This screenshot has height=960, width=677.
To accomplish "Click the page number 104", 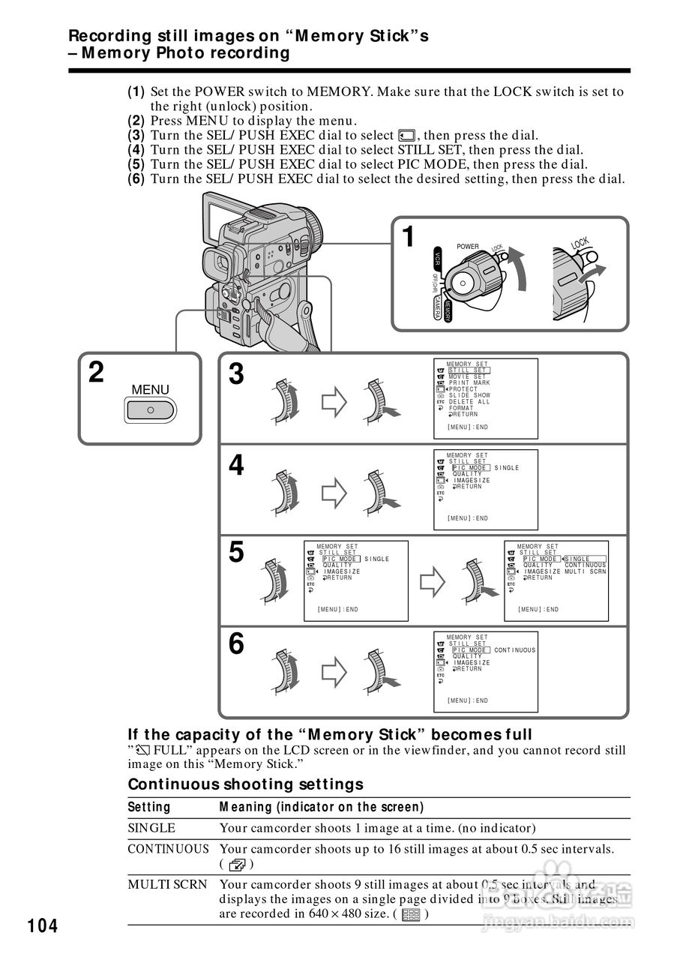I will point(43,927).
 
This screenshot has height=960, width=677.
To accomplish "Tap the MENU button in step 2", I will point(150,409).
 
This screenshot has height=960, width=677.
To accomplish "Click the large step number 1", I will point(408,237).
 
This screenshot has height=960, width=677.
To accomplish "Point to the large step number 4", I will point(236,466).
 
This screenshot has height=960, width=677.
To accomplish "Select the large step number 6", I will point(236,643).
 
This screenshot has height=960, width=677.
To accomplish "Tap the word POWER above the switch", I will point(467,247).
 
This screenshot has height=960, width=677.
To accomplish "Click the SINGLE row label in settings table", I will point(151,828).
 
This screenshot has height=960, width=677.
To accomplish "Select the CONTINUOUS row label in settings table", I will point(168,849).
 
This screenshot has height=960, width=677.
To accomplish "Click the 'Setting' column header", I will point(149,807).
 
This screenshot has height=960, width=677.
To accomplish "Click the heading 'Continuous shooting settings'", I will point(245,784).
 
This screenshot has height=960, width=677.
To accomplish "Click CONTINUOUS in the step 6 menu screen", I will point(515,650).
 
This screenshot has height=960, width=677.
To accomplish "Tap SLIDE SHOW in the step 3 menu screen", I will point(470,395).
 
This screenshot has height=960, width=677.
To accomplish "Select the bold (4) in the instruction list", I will point(136,149).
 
